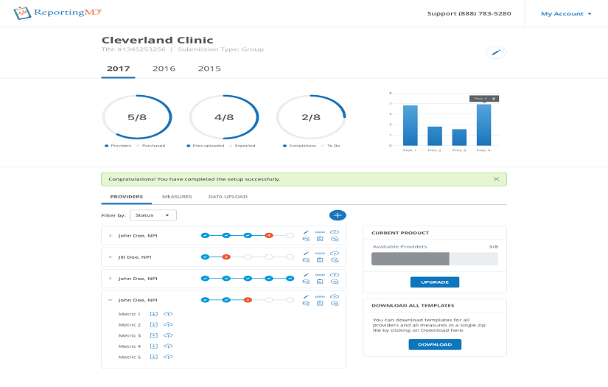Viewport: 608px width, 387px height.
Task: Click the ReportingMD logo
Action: click(58, 13)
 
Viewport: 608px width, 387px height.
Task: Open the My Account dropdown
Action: click(566, 13)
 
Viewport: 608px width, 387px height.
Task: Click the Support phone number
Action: click(469, 13)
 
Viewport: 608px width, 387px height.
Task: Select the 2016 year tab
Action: click(164, 69)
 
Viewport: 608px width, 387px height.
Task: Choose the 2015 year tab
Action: click(209, 69)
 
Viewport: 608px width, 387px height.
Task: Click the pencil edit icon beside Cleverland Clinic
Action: click(496, 52)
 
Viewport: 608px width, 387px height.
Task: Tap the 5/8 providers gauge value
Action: click(137, 117)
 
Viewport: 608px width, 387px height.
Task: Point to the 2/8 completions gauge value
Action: click(311, 117)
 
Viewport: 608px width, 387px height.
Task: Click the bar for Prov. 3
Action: click(459, 137)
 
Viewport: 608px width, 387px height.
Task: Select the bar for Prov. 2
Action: click(435, 136)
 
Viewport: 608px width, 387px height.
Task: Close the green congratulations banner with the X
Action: click(496, 179)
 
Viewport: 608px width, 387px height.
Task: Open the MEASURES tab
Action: click(177, 197)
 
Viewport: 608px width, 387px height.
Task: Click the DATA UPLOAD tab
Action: click(228, 197)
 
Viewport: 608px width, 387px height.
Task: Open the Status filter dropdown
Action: click(153, 215)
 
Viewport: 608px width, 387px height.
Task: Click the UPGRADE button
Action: click(434, 282)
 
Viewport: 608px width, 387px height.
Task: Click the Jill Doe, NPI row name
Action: click(135, 257)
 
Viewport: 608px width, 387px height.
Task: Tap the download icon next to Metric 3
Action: click(154, 335)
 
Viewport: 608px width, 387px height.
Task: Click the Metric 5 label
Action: click(130, 357)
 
